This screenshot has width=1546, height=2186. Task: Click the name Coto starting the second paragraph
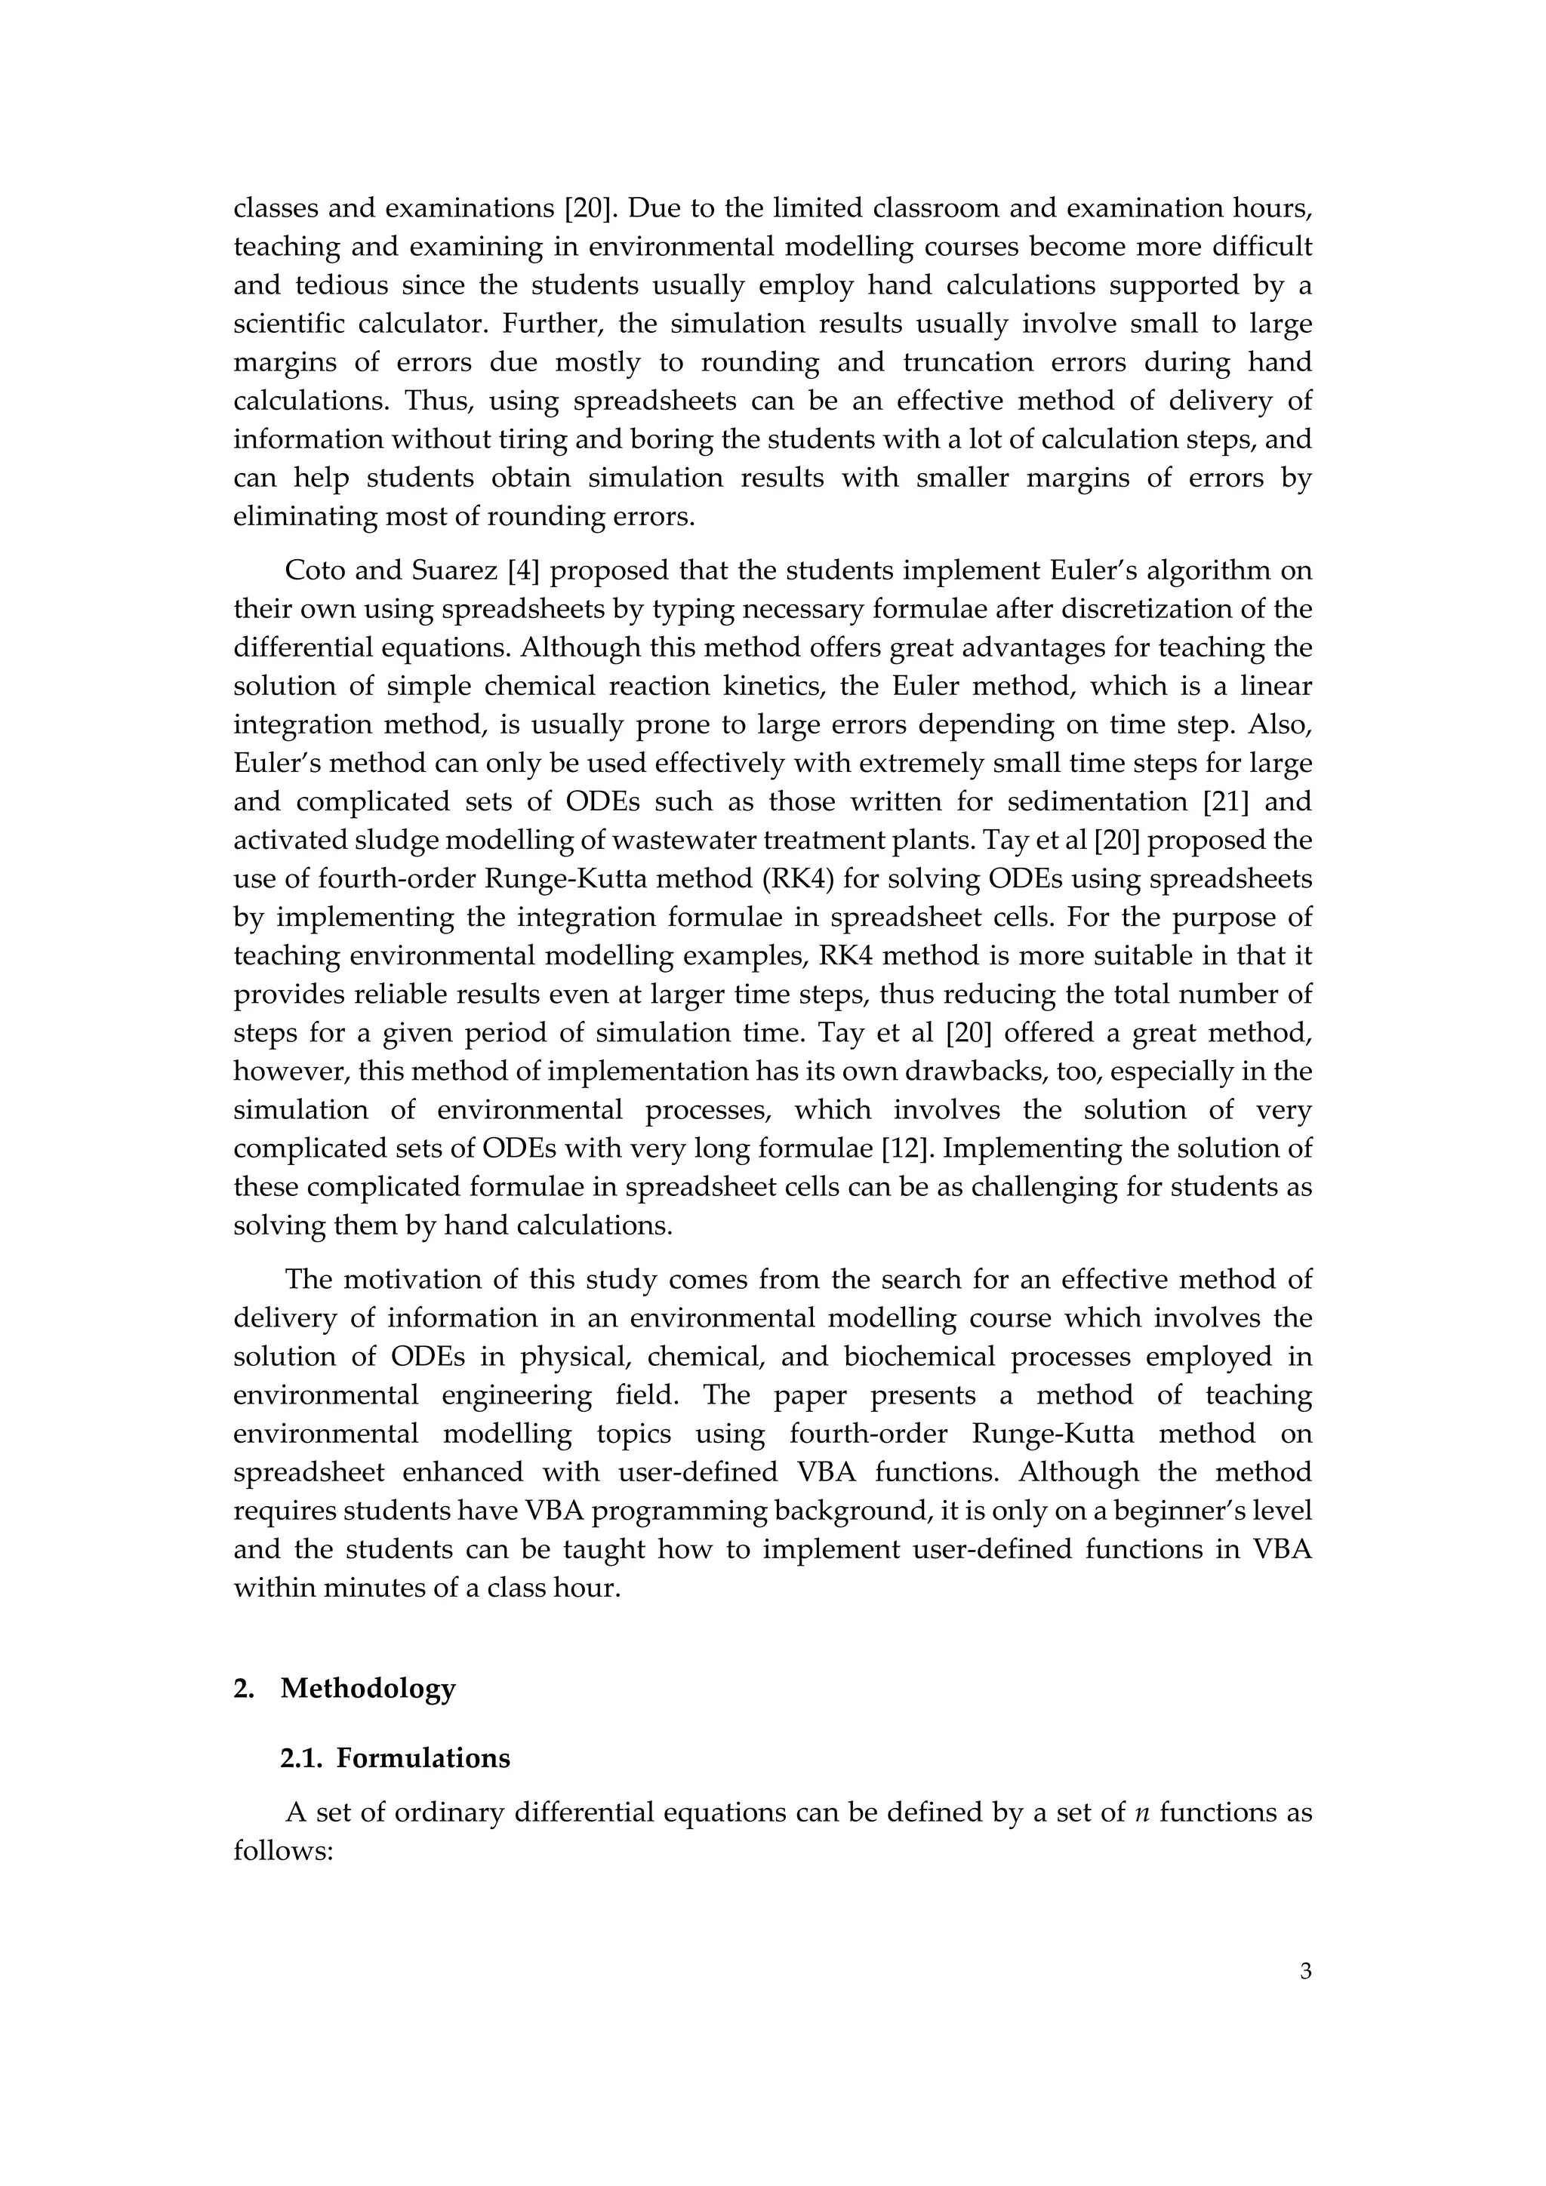click(318, 570)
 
